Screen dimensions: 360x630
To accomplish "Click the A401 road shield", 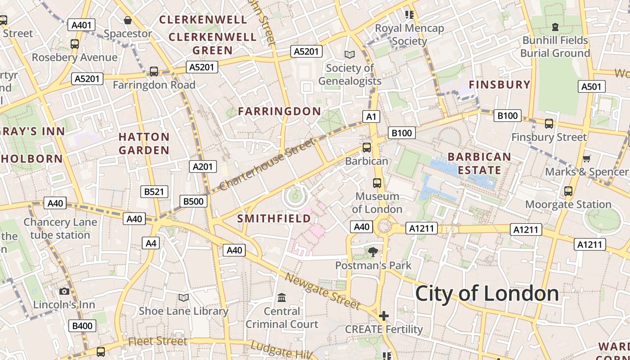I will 81,25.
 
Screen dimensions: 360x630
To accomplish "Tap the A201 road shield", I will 202,166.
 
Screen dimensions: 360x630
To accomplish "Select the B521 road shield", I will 154,192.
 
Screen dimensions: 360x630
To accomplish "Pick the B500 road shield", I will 193,201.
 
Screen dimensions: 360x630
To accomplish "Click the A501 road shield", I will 591,86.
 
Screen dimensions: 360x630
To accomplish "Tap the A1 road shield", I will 371,117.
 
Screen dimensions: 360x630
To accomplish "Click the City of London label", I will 487,293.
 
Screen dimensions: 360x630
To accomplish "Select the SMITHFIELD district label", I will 274,219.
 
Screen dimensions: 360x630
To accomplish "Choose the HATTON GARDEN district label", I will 144,144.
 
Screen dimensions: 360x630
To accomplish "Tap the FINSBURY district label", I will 499,85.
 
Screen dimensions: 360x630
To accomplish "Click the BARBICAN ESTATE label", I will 480,163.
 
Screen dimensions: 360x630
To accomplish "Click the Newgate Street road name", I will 323,292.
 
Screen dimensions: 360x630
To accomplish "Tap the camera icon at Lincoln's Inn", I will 64,291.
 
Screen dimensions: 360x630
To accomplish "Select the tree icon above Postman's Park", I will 373,252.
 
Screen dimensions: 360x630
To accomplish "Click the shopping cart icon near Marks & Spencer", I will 586,158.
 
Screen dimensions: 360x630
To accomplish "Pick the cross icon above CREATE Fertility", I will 383,316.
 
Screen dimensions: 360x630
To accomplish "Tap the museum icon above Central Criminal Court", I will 282,297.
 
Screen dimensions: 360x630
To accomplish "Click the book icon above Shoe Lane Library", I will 183,297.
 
